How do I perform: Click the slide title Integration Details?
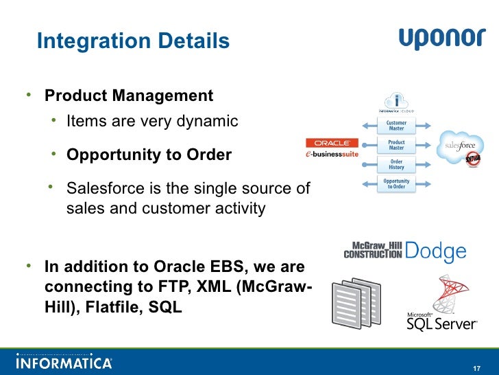[x=133, y=41]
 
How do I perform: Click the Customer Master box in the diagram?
[x=396, y=126]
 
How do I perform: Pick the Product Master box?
[x=396, y=146]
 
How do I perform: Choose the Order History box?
[x=396, y=165]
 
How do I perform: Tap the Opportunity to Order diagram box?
[x=396, y=184]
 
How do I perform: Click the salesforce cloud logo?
[x=461, y=146]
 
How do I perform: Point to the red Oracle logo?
[x=332, y=143]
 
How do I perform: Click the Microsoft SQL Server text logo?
[x=441, y=320]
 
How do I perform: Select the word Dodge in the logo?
[x=436, y=251]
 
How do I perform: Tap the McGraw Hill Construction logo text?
[x=373, y=250]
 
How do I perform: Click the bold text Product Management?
[x=129, y=95]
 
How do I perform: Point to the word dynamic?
[x=206, y=122]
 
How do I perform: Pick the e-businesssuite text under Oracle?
[x=332, y=155]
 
